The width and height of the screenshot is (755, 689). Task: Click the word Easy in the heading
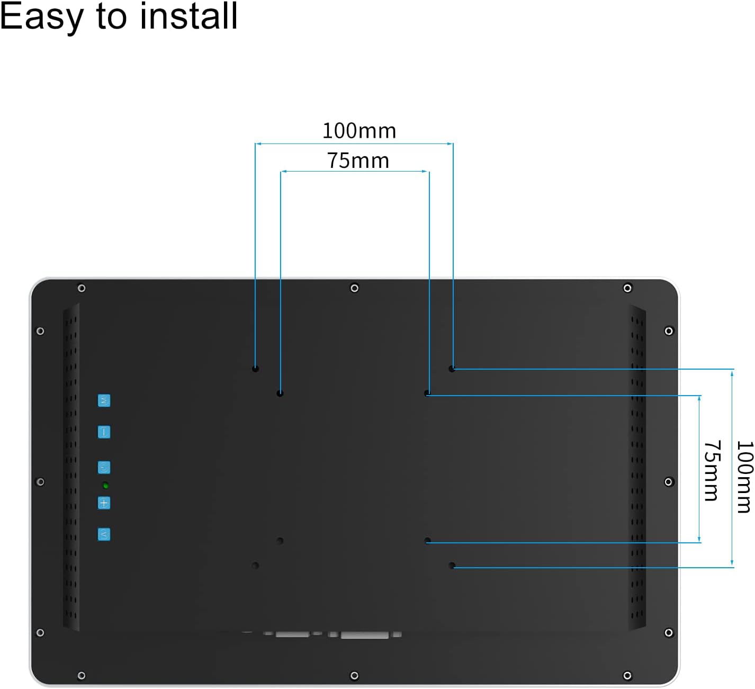pos(41,17)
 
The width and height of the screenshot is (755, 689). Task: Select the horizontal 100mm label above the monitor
pos(359,131)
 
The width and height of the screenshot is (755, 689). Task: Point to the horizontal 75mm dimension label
pos(358,161)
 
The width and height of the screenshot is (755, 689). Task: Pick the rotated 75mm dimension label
pos(712,470)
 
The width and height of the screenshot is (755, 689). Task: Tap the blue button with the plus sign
pos(104,503)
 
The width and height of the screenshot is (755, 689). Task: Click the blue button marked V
pos(104,534)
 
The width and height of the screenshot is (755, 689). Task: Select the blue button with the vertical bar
pos(104,432)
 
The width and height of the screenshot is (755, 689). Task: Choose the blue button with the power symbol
pos(104,468)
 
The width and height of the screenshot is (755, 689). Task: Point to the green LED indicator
pos(106,486)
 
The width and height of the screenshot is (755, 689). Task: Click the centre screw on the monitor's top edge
pos(354,288)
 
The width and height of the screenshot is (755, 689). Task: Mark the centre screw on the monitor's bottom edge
pos(354,676)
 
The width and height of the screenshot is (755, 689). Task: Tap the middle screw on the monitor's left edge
pos(40,482)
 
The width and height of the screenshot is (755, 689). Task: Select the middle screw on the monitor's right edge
pos(669,482)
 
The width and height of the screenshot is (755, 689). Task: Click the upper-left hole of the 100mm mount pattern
pos(256,369)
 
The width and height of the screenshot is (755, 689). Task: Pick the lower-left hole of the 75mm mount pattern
pos(280,541)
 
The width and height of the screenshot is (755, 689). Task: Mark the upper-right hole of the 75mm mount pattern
pos(427,393)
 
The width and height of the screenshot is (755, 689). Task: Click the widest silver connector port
pos(364,635)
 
